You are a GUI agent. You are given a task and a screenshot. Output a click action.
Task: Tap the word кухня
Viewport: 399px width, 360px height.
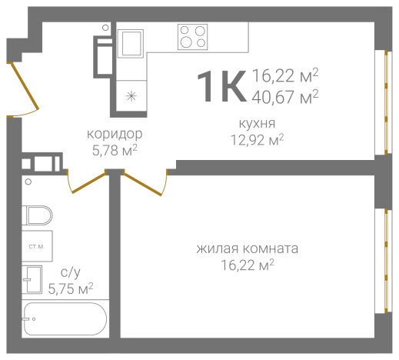tap(258, 123)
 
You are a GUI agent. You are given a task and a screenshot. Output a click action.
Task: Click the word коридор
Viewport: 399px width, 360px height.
tap(114, 134)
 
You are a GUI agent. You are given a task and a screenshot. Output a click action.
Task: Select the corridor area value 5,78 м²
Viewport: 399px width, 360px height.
tap(114, 149)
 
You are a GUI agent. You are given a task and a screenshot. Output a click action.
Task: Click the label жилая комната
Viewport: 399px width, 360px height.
tap(247, 249)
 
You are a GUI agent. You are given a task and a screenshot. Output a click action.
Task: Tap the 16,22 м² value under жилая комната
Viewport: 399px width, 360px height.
tap(247, 265)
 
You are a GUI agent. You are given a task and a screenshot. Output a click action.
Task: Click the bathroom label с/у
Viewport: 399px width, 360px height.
tap(70, 272)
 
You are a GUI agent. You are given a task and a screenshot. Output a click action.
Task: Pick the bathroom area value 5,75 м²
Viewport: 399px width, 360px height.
tap(70, 288)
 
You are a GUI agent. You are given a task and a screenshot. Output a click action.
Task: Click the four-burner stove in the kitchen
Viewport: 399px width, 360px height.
tap(193, 36)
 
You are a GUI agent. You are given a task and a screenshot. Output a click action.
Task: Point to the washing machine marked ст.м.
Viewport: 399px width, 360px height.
tap(36, 246)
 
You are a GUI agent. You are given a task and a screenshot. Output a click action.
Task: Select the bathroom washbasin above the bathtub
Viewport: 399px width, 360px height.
tap(35, 280)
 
